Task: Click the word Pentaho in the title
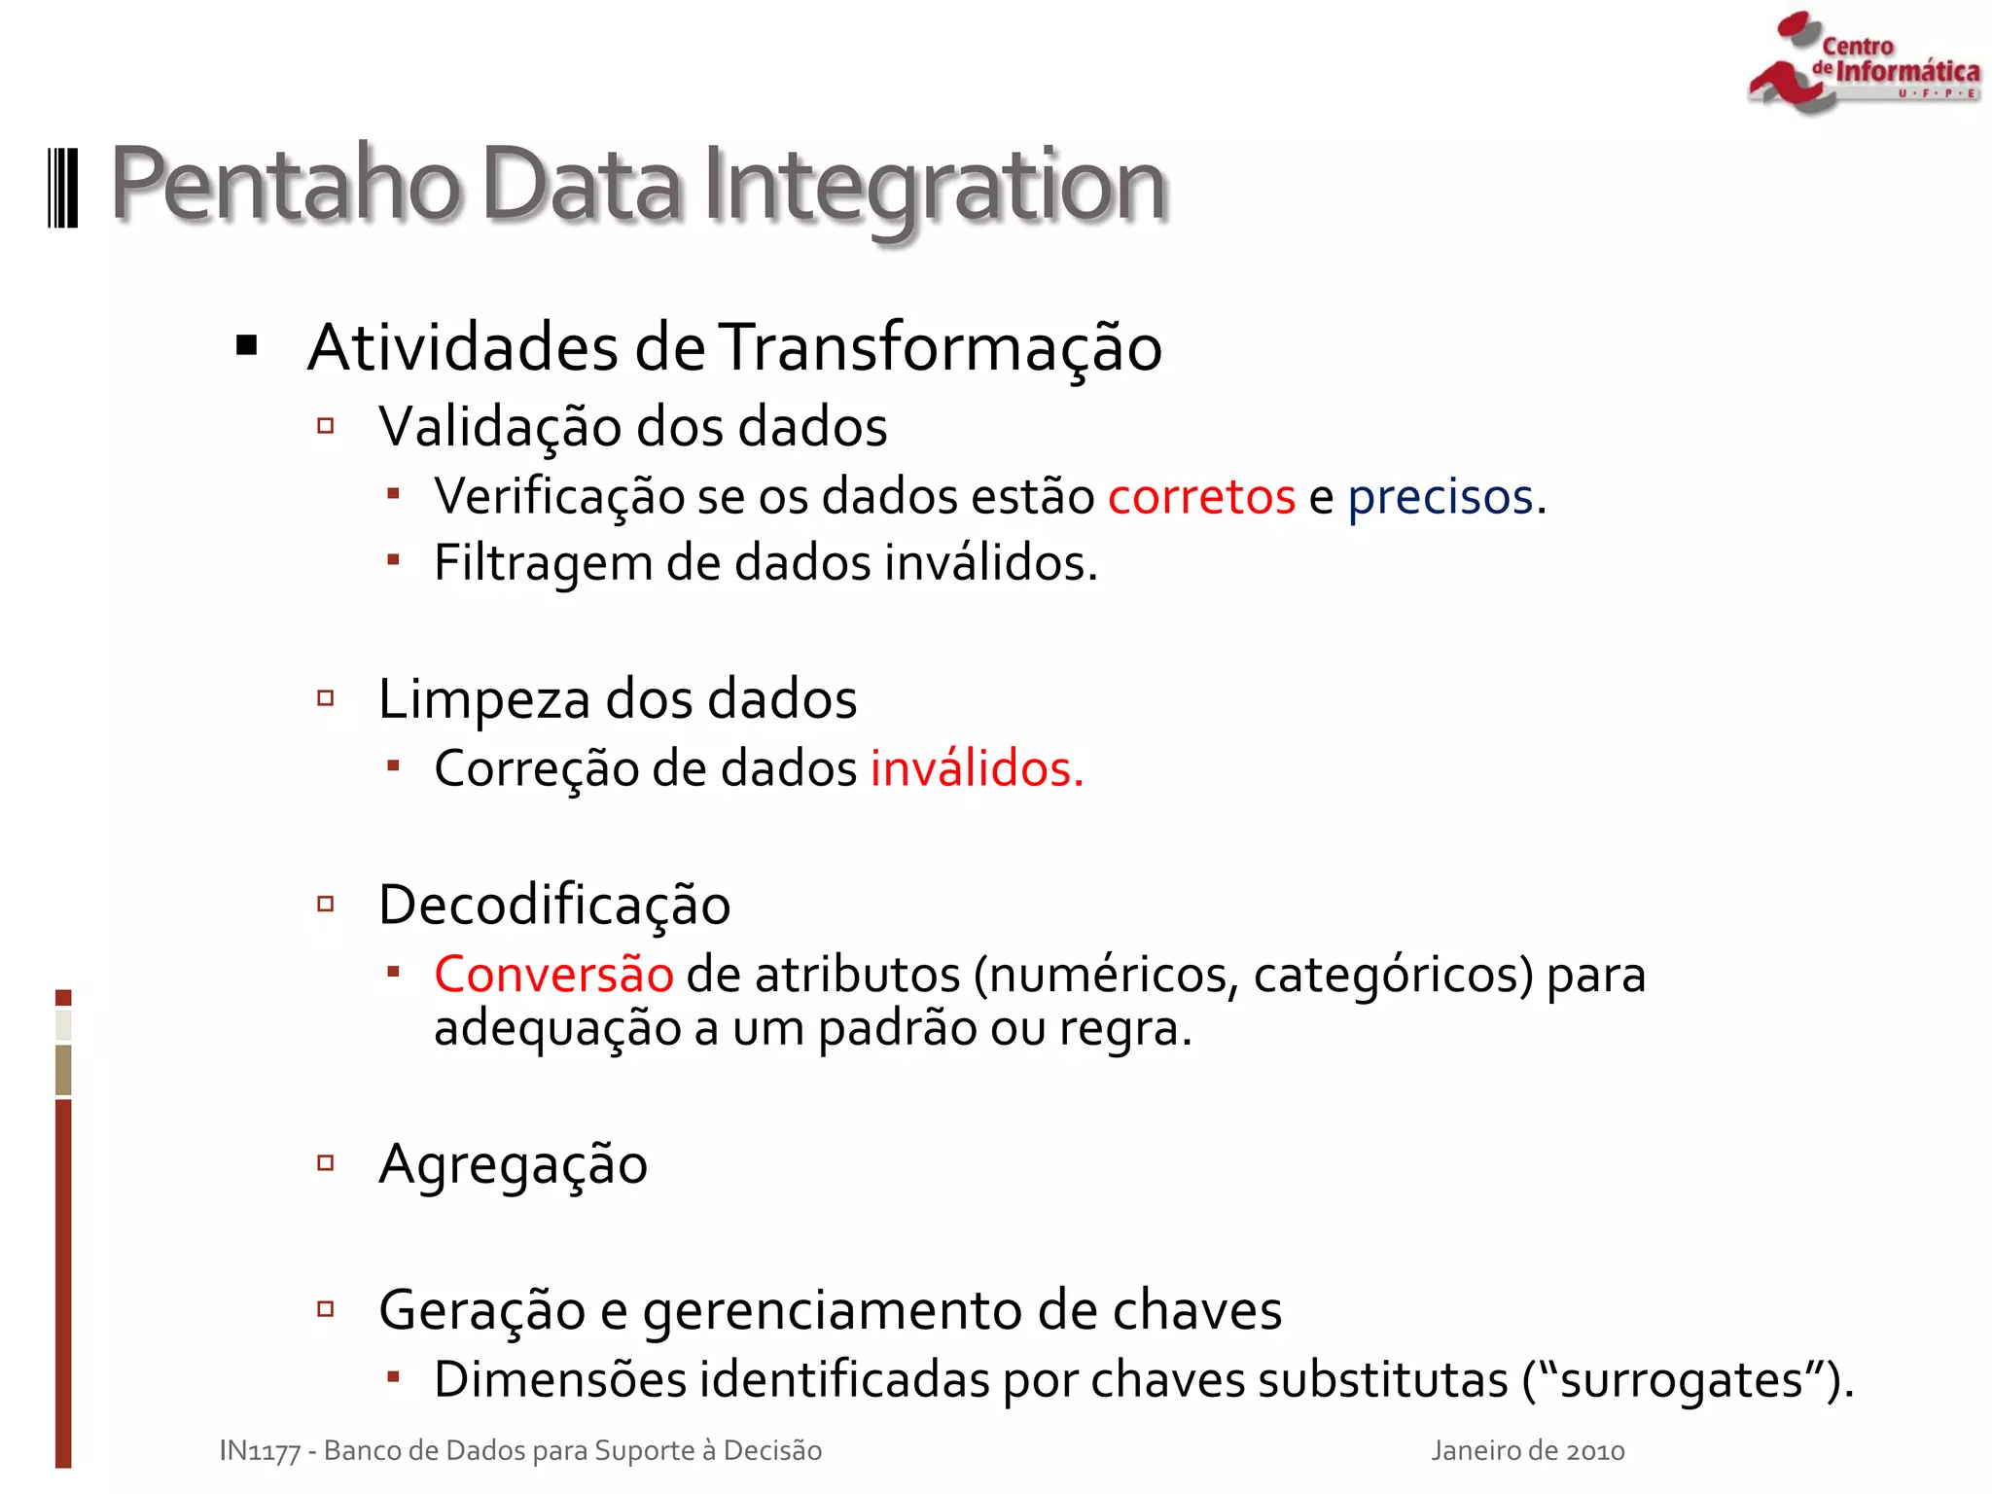[285, 185]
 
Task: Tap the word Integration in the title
[934, 187]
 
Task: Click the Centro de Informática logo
[1863, 63]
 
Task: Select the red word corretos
[1201, 497]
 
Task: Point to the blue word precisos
[1441, 497]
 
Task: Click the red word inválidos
[976, 768]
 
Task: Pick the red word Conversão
[553, 975]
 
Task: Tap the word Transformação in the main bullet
[941, 347]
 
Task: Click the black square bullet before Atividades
[247, 345]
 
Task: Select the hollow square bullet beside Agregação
[326, 1162]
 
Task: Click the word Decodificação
[554, 906]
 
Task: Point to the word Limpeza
[483, 699]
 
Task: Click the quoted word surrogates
[1682, 1380]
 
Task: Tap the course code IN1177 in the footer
[260, 1451]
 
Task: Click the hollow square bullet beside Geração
[326, 1309]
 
